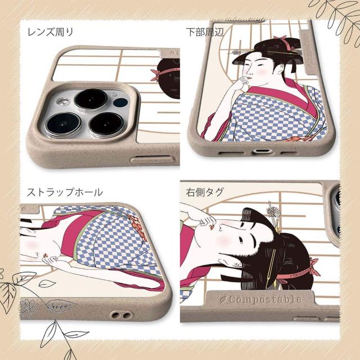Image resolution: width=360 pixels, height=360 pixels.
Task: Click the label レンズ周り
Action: pos(50,31)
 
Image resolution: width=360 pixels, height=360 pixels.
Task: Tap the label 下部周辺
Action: pos(205,32)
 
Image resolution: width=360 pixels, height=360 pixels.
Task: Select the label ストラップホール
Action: pos(65,192)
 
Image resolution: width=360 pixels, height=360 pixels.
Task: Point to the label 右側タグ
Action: pos(205,192)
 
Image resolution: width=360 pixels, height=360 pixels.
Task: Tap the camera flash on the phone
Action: pos(62,102)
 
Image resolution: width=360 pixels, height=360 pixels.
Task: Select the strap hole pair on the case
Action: pos(121,315)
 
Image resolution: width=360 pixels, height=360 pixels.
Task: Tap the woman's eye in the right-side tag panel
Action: pos(241,240)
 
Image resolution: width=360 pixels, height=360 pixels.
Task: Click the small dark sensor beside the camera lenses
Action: pos(120,102)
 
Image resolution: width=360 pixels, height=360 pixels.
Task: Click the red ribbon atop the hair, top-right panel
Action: pos(285,42)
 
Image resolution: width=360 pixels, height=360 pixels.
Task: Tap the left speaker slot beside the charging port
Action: pos(231,152)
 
